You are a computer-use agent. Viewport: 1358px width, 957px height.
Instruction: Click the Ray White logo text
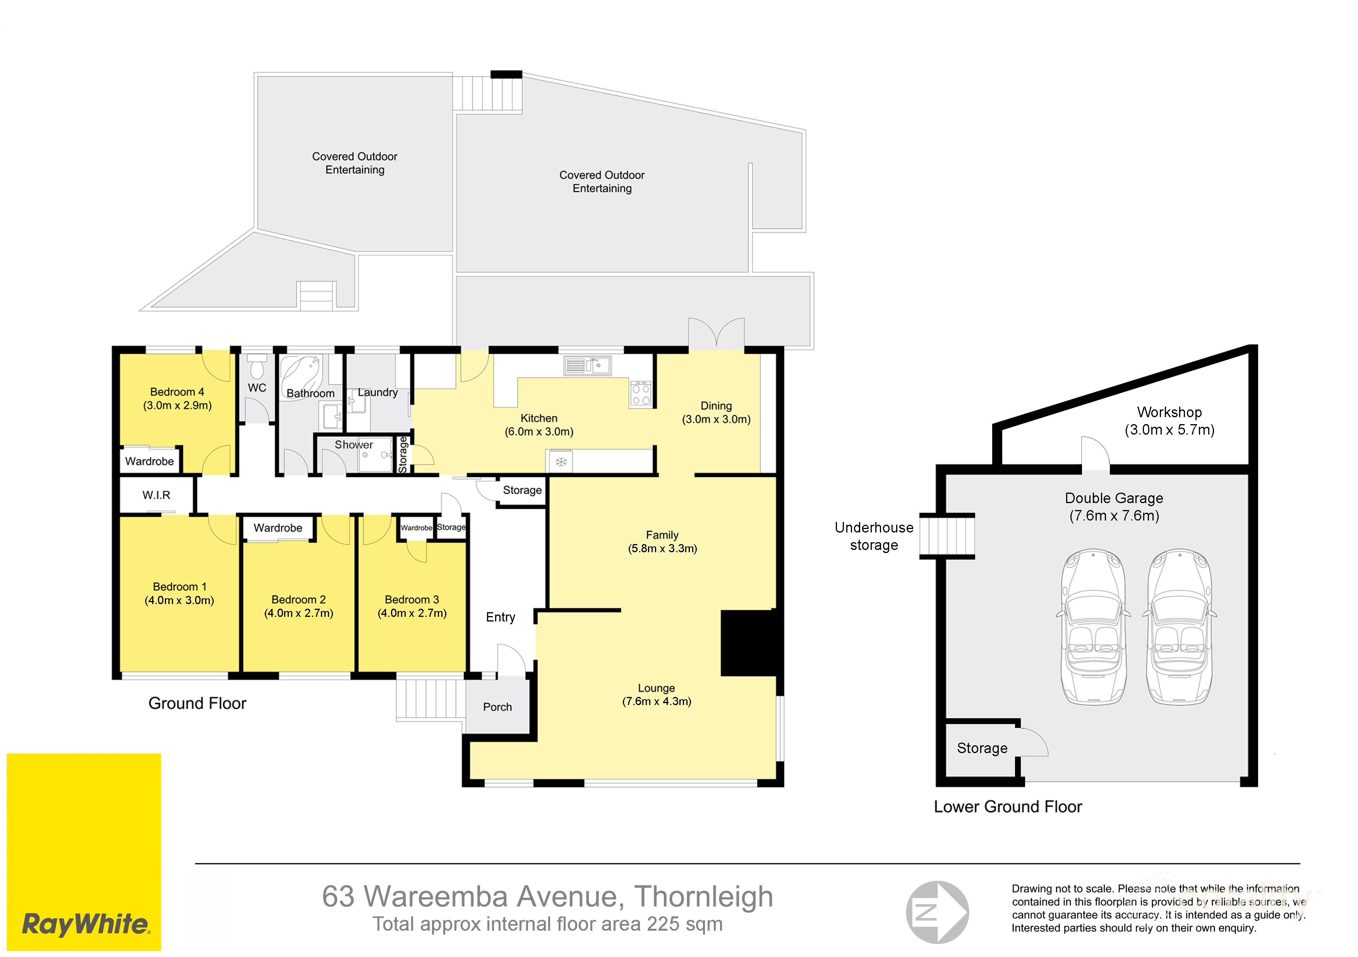pos(86,923)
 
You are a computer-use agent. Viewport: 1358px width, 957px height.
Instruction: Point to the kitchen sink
pos(587,365)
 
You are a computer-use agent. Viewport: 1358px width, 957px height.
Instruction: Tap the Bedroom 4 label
pos(177,392)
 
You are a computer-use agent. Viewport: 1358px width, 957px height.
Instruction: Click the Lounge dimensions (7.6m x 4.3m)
pos(657,701)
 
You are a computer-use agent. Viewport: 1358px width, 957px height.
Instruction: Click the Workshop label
pos(1169,412)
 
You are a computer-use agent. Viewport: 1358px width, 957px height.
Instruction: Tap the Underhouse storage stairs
pos(947,536)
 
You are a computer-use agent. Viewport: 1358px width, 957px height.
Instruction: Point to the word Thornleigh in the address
pos(704,897)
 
